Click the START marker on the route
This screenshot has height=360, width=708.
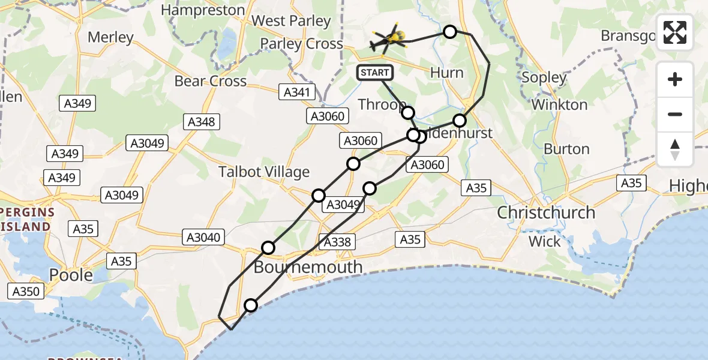pos(375,73)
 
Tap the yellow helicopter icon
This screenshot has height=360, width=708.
pos(388,40)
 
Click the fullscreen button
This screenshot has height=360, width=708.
pos(675,32)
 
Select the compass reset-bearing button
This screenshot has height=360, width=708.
pos(675,149)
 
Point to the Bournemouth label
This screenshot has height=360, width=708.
pos(308,267)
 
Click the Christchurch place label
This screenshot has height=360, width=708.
pos(546,212)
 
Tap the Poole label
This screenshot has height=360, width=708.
pos(71,275)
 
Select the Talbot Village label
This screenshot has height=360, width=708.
pos(264,172)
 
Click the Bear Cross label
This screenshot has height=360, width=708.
pos(211,81)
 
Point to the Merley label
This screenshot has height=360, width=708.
pos(110,37)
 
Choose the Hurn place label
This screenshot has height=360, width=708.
pos(447,73)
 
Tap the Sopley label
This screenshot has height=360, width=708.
pos(544,77)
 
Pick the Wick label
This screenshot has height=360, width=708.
pos(544,242)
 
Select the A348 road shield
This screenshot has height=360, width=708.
pos(201,122)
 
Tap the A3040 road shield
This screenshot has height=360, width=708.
pos(204,238)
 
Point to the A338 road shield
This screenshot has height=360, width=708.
pos(338,242)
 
